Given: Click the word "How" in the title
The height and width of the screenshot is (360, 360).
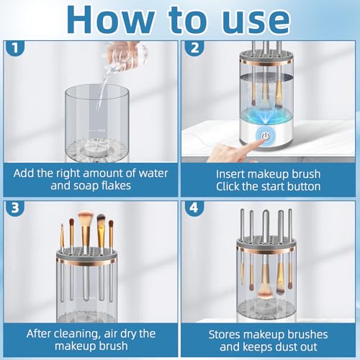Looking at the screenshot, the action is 110,19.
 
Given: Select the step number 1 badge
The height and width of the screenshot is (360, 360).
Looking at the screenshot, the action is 15,48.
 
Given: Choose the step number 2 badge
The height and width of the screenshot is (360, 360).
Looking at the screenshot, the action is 194,48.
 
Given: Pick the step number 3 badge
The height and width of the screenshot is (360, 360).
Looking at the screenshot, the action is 15,208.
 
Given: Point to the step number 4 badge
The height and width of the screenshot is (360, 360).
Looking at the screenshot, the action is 194,208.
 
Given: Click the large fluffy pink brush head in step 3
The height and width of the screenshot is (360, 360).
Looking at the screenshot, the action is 86,217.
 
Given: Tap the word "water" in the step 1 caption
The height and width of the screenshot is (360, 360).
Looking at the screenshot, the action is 153,174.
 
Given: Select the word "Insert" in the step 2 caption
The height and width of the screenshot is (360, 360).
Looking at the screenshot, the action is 230,174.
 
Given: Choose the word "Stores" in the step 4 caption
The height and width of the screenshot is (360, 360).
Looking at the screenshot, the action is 224,335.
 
